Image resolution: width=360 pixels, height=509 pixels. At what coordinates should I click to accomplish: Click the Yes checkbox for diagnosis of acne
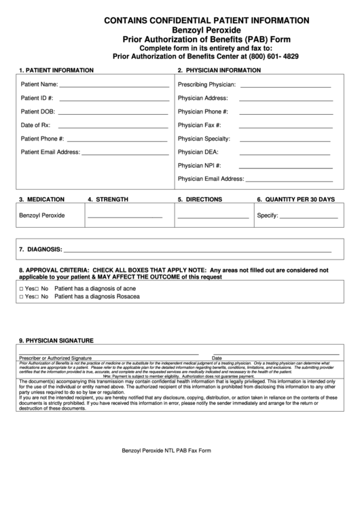coord(22,289)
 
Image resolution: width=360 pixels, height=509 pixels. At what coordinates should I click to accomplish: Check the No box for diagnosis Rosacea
coord(38,298)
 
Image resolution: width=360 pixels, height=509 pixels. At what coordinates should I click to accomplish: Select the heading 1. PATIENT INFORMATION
coord(56,70)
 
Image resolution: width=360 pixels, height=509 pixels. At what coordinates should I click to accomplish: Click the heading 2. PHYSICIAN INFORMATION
coord(219,70)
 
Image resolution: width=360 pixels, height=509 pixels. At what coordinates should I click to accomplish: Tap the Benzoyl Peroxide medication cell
coord(42,215)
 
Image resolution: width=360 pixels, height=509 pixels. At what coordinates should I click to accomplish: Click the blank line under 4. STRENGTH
coord(125,217)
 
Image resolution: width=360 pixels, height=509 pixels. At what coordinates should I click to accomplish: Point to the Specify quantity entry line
coord(309,217)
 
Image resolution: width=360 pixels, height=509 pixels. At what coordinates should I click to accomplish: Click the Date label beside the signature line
coord(217,357)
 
